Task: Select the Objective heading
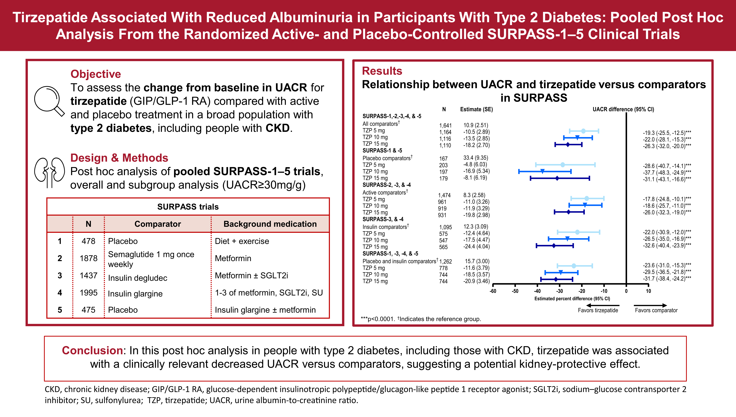pyautogui.click(x=96, y=74)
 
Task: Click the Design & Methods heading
pyautogui.click(x=119, y=158)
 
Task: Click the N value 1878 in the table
pyautogui.click(x=88, y=258)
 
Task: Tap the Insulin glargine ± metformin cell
pyautogui.click(x=265, y=310)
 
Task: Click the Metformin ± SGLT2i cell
pyautogui.click(x=251, y=276)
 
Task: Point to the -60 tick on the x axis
pyautogui.click(x=493, y=291)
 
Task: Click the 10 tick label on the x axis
pyautogui.click(x=648, y=291)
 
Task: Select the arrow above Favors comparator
pyautogui.click(x=650, y=305)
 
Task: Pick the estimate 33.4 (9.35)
pyautogui.click(x=475, y=158)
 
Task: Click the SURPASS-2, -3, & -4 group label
pyautogui.click(x=387, y=185)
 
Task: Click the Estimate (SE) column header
pyautogui.click(x=476, y=109)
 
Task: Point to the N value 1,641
pyautogui.click(x=445, y=126)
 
